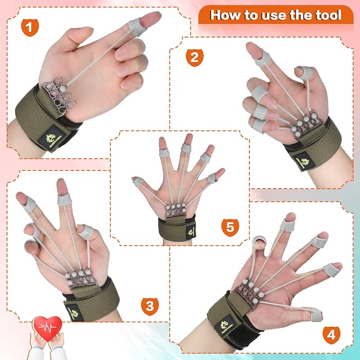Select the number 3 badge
click(150, 305)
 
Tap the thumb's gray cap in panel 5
click(137, 182)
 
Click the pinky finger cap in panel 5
click(213, 178)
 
